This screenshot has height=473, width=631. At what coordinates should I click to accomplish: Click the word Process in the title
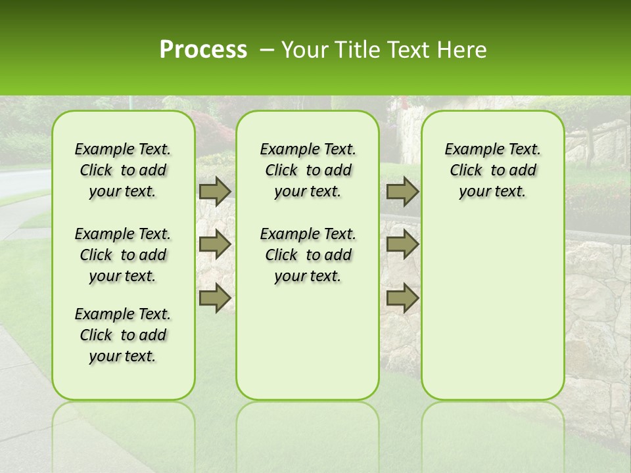pyautogui.click(x=203, y=50)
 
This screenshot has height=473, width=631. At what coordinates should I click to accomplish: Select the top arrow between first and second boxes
pyautogui.click(x=215, y=191)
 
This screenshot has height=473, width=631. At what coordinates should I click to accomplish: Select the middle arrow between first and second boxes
pyautogui.click(x=215, y=244)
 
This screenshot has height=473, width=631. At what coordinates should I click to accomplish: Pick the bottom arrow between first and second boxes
pyautogui.click(x=215, y=298)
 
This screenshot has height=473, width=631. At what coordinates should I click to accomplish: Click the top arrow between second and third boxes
pyautogui.click(x=402, y=191)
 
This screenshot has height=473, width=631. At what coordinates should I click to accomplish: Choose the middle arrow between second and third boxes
pyautogui.click(x=402, y=244)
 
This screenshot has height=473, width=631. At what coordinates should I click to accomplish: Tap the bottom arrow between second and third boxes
pyautogui.click(x=402, y=298)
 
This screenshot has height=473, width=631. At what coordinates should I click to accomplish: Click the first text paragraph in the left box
pyautogui.click(x=123, y=170)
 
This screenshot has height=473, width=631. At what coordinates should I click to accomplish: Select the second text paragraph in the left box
pyautogui.click(x=123, y=255)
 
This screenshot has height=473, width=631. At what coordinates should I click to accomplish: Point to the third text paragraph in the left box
pyautogui.click(x=123, y=335)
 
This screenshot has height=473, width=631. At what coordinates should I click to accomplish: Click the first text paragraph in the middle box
pyautogui.click(x=308, y=170)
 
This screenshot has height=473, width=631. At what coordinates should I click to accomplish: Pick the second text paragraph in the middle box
pyautogui.click(x=308, y=255)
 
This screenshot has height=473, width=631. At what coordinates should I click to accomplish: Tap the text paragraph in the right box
pyautogui.click(x=492, y=170)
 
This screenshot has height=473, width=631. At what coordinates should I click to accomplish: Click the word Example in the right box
pyautogui.click(x=468, y=149)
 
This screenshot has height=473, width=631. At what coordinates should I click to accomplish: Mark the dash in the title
pyautogui.click(x=266, y=50)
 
